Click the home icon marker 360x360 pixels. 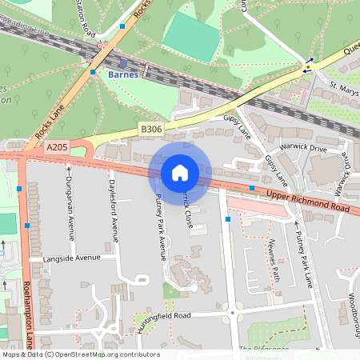click(x=180, y=172)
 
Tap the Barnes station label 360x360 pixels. click(x=123, y=74)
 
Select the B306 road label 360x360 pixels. click(x=150, y=128)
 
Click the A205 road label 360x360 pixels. click(x=57, y=147)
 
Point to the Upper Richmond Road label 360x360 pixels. click(x=308, y=201)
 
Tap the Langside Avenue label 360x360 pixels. click(x=72, y=258)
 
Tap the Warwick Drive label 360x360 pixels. click(x=304, y=149)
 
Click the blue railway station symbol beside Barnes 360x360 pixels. click(x=122, y=63)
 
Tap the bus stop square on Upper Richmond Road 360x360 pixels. click(x=252, y=188)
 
